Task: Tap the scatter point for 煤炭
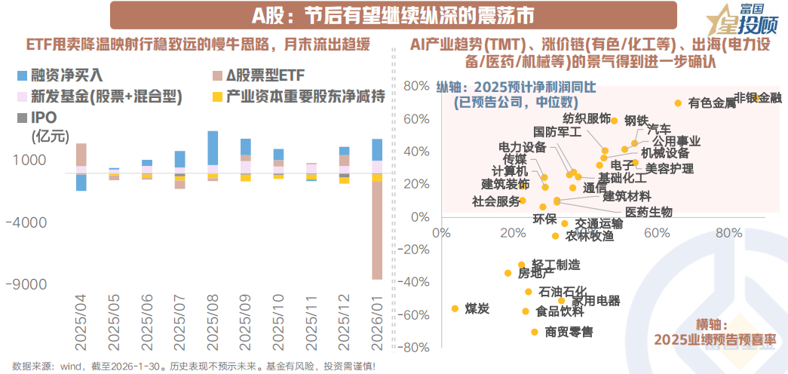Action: point(455,308)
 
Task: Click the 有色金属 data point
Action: point(678,103)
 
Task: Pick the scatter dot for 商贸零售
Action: point(534,332)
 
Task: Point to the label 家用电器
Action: point(596,300)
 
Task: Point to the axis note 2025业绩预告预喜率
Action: point(716,339)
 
